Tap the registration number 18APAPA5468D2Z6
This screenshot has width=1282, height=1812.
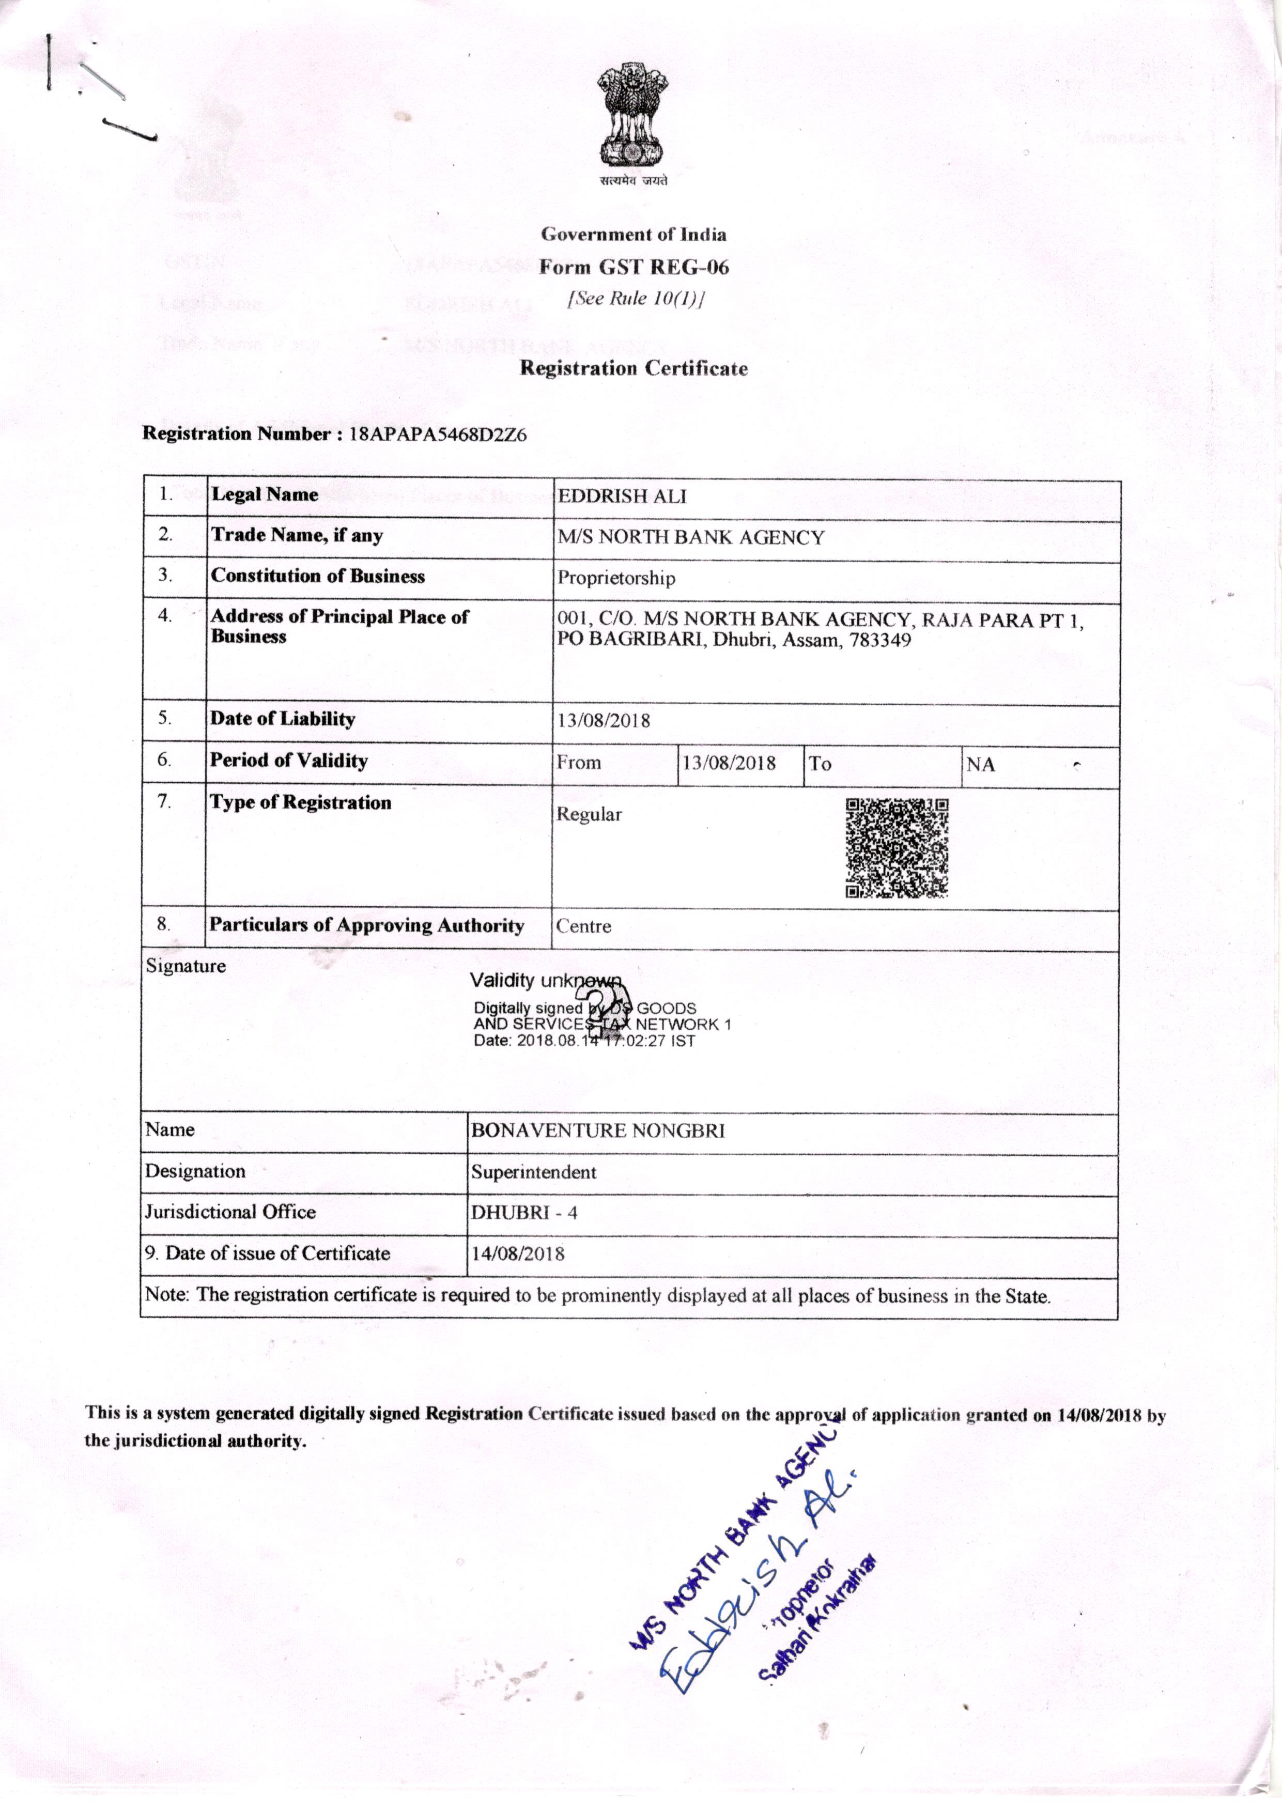click(x=437, y=434)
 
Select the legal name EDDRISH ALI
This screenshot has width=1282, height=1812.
click(x=622, y=497)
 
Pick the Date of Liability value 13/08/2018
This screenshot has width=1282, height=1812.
click(x=604, y=721)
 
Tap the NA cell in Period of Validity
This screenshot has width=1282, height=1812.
click(x=980, y=764)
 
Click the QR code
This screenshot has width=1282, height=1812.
click(x=896, y=848)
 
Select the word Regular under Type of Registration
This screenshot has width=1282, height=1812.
click(x=589, y=814)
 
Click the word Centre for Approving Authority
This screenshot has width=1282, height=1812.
click(x=583, y=926)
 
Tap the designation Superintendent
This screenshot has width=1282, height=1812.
click(x=534, y=1172)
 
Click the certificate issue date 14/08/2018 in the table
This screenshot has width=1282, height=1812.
click(x=518, y=1253)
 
